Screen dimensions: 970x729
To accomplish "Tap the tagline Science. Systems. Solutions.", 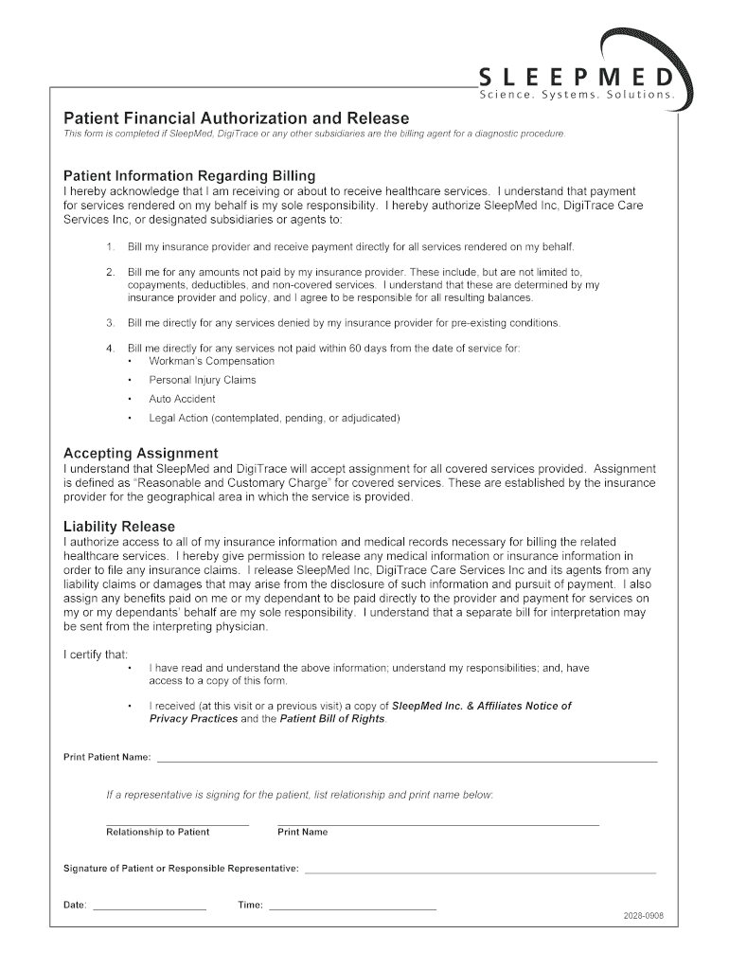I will (x=577, y=96).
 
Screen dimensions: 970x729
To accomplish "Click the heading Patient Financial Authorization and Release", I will (x=236, y=118).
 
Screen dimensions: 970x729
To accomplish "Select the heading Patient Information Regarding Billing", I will (x=189, y=176).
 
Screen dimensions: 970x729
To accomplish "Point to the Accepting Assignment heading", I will (x=140, y=453).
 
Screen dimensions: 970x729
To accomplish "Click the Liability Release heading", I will (x=118, y=527).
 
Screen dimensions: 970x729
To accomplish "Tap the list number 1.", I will (x=110, y=247).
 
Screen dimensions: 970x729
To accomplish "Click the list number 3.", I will (x=110, y=323).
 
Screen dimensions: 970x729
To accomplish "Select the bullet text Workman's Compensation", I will (x=211, y=361).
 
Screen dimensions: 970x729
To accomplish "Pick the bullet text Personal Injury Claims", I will (x=202, y=380).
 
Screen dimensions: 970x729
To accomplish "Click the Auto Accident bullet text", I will (x=182, y=399).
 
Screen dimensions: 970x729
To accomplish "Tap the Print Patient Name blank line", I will (x=406, y=761).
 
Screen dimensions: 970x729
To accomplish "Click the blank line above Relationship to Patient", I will (x=177, y=824).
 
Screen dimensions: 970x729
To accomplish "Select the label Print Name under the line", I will (x=302, y=833).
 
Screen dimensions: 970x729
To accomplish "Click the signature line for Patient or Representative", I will (x=480, y=871).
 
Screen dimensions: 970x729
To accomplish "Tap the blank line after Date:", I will (x=150, y=908).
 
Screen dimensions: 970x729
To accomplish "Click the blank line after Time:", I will (x=352, y=908).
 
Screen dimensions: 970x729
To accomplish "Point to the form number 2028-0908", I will (x=643, y=916).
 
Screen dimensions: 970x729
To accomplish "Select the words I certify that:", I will (x=96, y=655).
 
